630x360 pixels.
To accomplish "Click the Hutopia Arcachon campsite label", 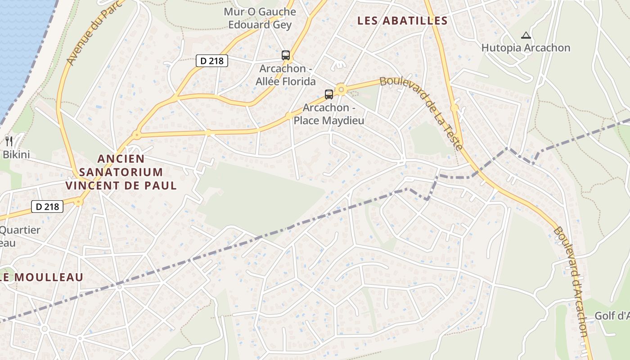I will pyautogui.click(x=526, y=48).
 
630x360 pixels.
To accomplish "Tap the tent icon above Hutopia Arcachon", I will pyautogui.click(x=526, y=35).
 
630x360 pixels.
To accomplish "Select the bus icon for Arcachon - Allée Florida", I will pyautogui.click(x=286, y=55).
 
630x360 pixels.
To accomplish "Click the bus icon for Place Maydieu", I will pyautogui.click(x=329, y=94).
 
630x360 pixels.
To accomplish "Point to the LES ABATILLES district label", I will pyautogui.click(x=402, y=21).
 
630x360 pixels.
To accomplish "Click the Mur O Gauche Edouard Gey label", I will pyautogui.click(x=260, y=18).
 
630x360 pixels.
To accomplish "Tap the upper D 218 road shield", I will pyautogui.click(x=212, y=60).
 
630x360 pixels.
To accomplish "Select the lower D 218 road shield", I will pyautogui.click(x=47, y=207).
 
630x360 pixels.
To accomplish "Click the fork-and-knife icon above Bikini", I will pyautogui.click(x=9, y=141).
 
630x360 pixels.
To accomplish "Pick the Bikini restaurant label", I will pyautogui.click(x=16, y=155).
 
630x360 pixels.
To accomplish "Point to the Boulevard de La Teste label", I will pyautogui.click(x=421, y=113).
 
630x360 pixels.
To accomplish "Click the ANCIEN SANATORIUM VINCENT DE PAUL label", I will pyautogui.click(x=121, y=172).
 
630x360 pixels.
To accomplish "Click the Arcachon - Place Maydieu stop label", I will pyautogui.click(x=328, y=114).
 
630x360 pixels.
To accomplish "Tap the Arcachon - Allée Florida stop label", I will pyautogui.click(x=286, y=75).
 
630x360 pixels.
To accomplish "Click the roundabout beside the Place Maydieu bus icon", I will pyautogui.click(x=342, y=90).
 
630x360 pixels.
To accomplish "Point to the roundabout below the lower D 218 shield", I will pyautogui.click(x=79, y=202).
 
